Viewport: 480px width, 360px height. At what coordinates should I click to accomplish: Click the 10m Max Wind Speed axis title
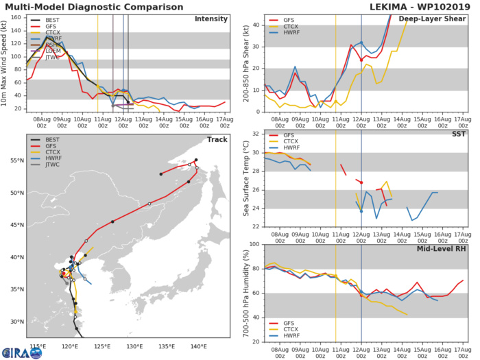6,63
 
